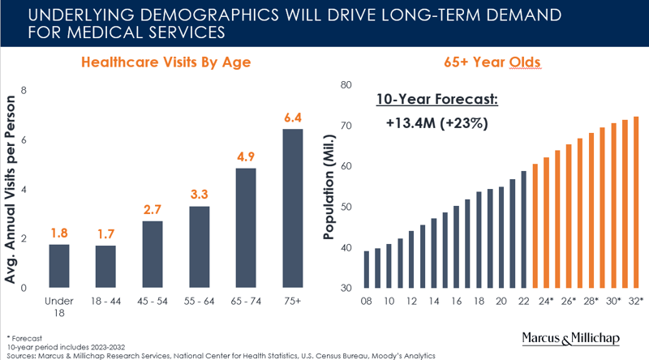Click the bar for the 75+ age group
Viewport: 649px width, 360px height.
point(292,208)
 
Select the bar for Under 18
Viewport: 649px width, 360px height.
point(58,266)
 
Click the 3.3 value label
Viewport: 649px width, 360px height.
point(199,195)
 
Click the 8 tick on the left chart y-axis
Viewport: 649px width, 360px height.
point(24,90)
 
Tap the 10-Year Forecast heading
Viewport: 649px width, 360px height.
point(437,100)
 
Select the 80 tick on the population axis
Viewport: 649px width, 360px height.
point(345,85)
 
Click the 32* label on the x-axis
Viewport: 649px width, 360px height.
point(636,301)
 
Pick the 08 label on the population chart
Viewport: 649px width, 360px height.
point(367,301)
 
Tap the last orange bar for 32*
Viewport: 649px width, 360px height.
point(636,203)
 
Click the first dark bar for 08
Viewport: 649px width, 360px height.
point(367,269)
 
